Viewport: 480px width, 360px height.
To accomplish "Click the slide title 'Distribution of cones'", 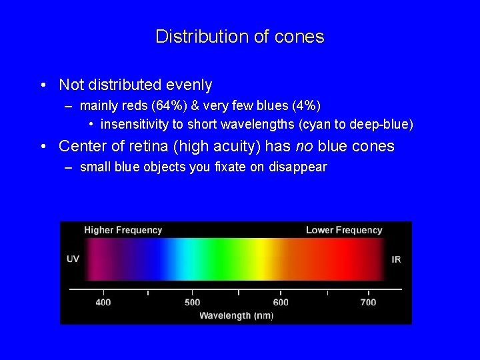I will coord(239,36).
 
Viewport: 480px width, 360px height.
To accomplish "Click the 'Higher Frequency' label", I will coord(123,230).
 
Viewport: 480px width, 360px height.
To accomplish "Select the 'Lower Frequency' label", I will coord(344,230).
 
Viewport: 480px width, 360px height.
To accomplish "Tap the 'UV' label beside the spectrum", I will coord(73,259).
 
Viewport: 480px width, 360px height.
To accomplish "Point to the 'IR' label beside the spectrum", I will coord(396,259).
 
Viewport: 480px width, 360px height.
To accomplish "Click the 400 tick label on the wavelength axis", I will coord(103,302).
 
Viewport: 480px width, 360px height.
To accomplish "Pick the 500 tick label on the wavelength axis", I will coord(192,302).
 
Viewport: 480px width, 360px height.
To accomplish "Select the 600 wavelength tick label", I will coord(281,302).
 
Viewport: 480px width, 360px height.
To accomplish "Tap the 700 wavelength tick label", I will coord(368,302).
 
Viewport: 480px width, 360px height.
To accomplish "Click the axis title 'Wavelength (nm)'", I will coord(236,315).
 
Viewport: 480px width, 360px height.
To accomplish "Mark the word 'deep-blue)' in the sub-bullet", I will coord(385,125).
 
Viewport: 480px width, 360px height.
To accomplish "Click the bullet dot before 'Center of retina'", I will coord(43,146).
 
